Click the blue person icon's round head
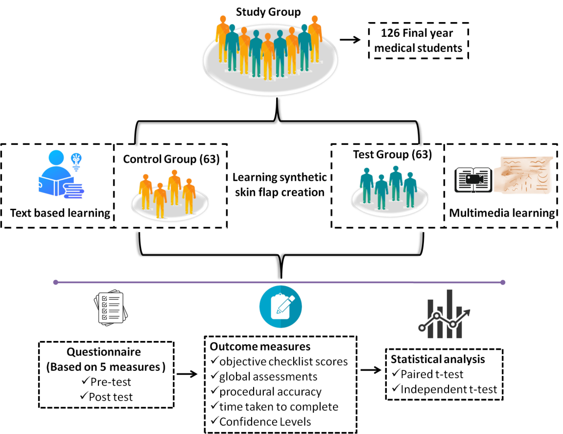pyautogui.click(x=56, y=158)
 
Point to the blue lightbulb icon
pyautogui.click(x=76, y=161)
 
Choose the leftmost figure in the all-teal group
pyautogui.click(x=366, y=185)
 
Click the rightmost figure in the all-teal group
pyautogui.click(x=410, y=189)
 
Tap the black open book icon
pyautogui.click(x=472, y=180)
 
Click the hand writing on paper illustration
pyautogui.click(x=524, y=175)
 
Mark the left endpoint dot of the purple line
pyautogui.click(x=55, y=282)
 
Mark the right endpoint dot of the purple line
pyautogui.click(x=503, y=282)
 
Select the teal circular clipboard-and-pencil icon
pyautogui.click(x=281, y=307)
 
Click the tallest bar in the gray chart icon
pyautogui.click(x=449, y=313)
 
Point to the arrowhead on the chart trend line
pyautogui.click(x=468, y=312)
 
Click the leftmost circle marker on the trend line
pyautogui.click(x=422, y=328)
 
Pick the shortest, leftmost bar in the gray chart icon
pyautogui.click(x=430, y=318)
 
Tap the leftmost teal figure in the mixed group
pyautogui.click(x=232, y=47)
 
